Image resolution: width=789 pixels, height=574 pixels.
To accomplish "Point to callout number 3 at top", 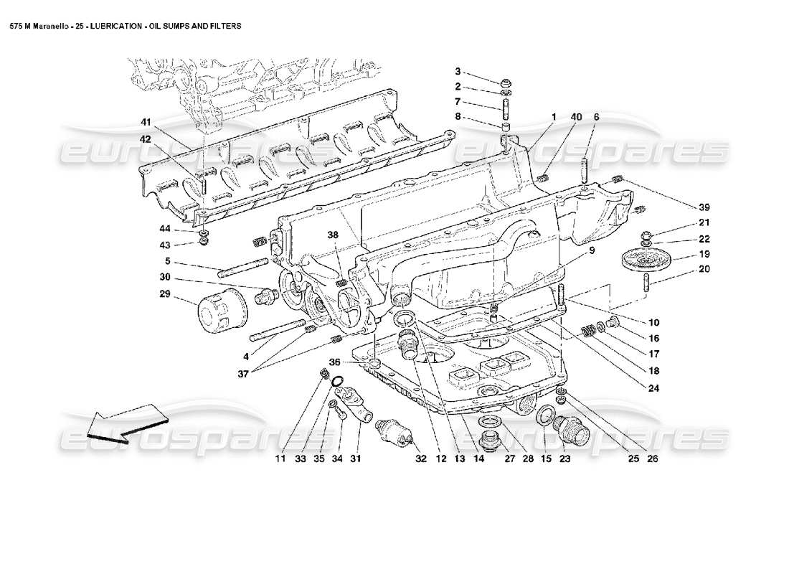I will [x=458, y=71].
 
